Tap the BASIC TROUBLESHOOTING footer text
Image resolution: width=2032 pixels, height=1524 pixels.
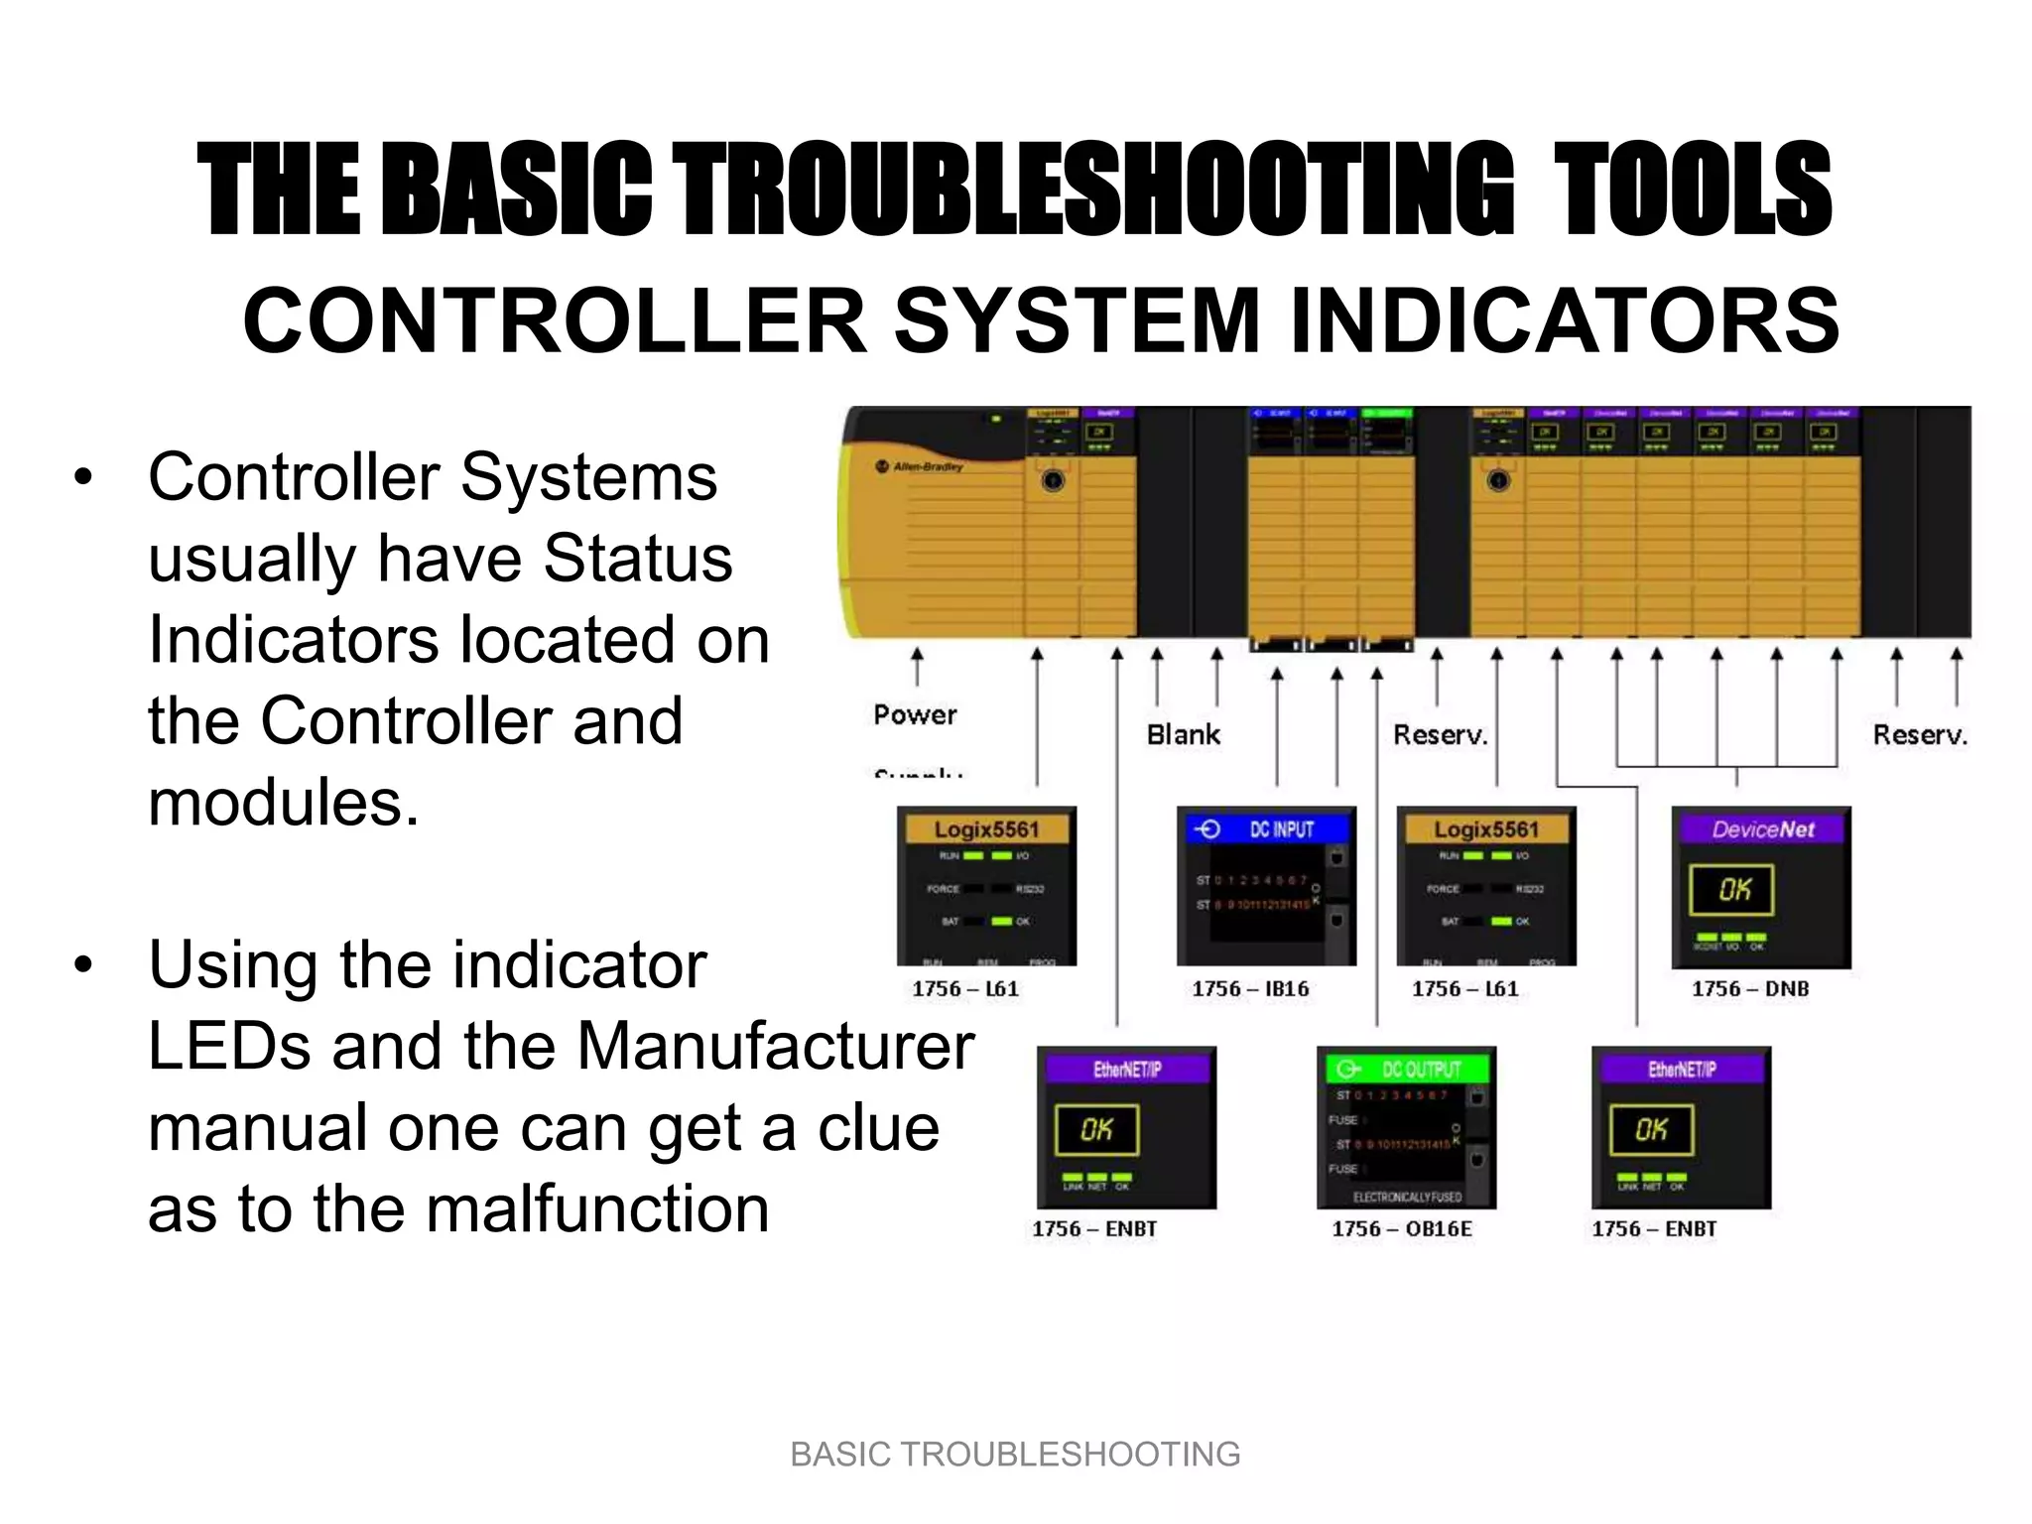pyautogui.click(x=1015, y=1454)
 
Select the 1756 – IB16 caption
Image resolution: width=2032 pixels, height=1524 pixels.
pyautogui.click(x=1250, y=988)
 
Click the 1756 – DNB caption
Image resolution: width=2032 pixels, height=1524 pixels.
pyautogui.click(x=1750, y=988)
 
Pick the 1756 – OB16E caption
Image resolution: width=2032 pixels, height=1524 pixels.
pyautogui.click(x=1401, y=1228)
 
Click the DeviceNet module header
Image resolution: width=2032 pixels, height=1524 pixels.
pyautogui.click(x=1762, y=829)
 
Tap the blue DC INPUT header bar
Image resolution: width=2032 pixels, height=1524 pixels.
pyautogui.click(x=1266, y=829)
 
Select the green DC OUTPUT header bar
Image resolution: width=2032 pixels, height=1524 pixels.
pyautogui.click(x=1406, y=1069)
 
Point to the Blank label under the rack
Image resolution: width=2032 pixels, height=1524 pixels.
pyautogui.click(x=1183, y=735)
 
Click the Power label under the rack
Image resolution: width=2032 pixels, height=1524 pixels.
pyautogui.click(x=915, y=714)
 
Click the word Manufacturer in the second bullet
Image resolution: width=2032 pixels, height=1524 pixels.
pyautogui.click(x=775, y=1047)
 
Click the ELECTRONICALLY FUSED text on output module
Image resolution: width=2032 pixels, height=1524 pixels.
pyautogui.click(x=1406, y=1198)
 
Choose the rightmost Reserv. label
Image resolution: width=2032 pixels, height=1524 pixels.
pyautogui.click(x=1919, y=735)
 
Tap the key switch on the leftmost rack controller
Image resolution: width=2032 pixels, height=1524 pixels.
pyautogui.click(x=1053, y=481)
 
